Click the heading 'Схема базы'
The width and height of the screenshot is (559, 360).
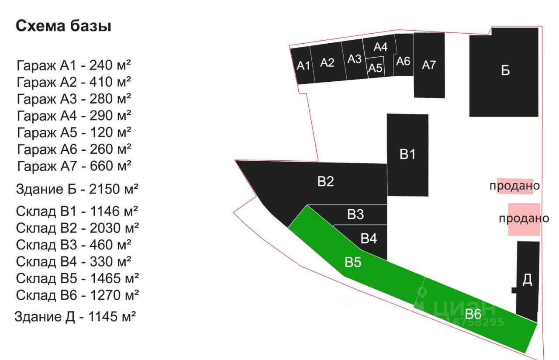63,26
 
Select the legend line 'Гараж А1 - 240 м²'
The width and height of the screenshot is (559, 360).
74,66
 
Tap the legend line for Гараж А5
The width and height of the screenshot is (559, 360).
74,132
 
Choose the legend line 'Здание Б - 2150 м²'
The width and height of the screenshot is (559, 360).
77,189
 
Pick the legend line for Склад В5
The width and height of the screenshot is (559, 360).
77,278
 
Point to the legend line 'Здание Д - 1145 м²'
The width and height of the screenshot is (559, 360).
75,317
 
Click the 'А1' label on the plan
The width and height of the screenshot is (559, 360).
303,66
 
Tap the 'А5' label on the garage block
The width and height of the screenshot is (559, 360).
375,68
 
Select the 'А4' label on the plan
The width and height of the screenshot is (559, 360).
380,47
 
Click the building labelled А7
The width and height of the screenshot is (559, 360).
429,65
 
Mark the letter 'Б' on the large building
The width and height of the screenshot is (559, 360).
505,70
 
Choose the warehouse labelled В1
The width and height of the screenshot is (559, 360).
407,155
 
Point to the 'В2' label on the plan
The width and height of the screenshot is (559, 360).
326,181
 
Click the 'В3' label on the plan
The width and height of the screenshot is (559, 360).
355,214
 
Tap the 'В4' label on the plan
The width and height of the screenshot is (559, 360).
369,238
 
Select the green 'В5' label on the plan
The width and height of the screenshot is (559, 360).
353,262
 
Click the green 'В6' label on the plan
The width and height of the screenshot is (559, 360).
473,314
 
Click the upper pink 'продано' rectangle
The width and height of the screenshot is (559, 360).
515,186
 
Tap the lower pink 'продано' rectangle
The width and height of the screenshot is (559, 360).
524,219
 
